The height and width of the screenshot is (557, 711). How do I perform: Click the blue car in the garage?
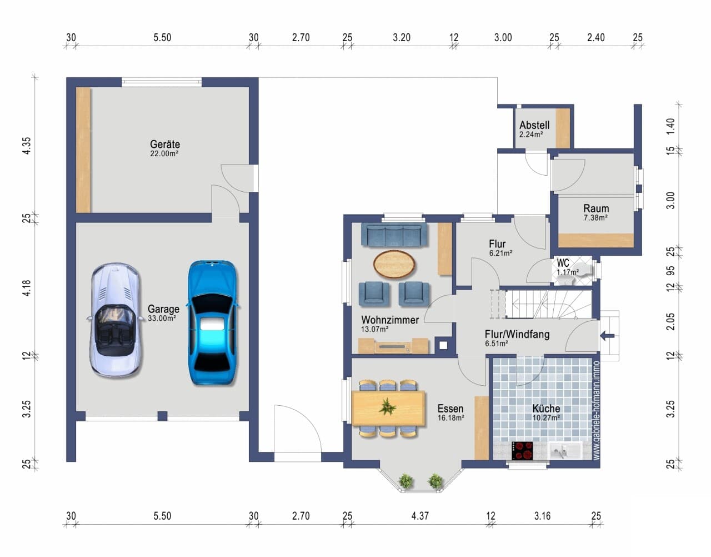click(x=213, y=322)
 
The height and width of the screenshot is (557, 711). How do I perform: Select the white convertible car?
click(x=115, y=321)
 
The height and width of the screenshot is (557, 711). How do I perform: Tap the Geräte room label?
click(x=165, y=144)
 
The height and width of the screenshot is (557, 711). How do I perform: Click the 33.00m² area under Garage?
click(x=162, y=318)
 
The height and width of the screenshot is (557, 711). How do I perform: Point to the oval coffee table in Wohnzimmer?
click(x=394, y=264)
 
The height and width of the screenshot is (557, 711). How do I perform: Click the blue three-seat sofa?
click(x=394, y=235)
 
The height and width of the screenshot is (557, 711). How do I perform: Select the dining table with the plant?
click(x=388, y=408)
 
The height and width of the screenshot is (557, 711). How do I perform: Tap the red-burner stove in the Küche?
click(x=522, y=451)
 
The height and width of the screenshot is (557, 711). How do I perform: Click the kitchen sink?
click(x=565, y=451)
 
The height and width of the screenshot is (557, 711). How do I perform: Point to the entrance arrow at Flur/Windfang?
click(x=607, y=336)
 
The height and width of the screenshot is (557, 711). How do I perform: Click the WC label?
click(x=563, y=262)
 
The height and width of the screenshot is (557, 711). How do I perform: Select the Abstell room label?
click(x=534, y=125)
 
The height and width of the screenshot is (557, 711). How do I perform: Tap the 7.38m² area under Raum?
click(x=595, y=217)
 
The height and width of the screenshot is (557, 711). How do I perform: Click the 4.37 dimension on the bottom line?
click(x=420, y=516)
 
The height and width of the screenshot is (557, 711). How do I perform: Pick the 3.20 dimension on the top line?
click(x=402, y=38)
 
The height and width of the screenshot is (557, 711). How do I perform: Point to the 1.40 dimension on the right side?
click(x=670, y=126)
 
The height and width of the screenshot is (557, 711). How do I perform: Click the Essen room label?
click(x=450, y=409)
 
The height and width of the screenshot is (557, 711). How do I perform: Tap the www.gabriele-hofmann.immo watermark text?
click(x=596, y=410)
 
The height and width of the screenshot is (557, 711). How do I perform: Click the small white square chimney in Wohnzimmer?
click(x=443, y=345)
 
